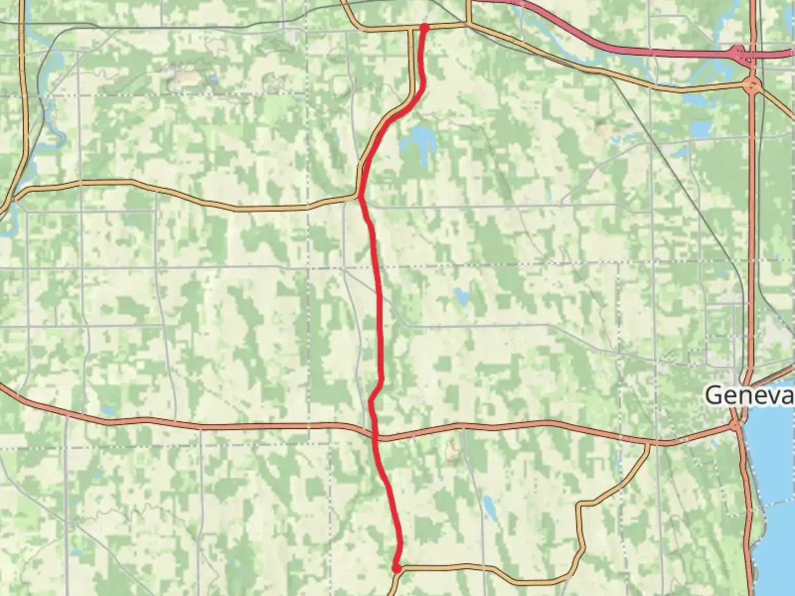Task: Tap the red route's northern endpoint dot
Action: (x=424, y=26)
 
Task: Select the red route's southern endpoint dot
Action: (x=396, y=568)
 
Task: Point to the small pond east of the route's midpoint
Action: (x=461, y=296)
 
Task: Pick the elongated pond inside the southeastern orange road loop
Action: (x=489, y=505)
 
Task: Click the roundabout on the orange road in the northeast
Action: (x=752, y=86)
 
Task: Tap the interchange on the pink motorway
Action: (x=738, y=53)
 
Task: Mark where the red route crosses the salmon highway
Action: (x=375, y=436)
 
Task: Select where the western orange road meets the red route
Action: (x=359, y=196)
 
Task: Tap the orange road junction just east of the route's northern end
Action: (x=468, y=24)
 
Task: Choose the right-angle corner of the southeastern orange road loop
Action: (x=579, y=504)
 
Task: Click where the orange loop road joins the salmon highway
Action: (x=649, y=443)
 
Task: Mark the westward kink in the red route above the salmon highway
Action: (x=370, y=401)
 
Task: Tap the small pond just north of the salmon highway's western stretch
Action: (x=109, y=411)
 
